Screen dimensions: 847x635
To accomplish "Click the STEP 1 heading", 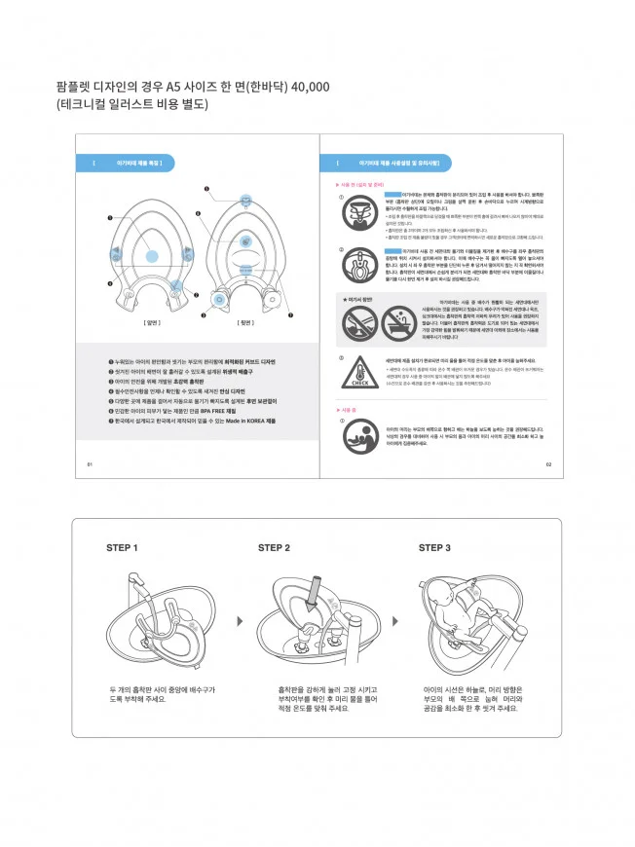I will point(123,548).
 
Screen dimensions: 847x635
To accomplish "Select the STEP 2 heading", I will point(275,548).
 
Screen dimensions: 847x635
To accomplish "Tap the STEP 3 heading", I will point(434,548).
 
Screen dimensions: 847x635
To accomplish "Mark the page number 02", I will point(548,464).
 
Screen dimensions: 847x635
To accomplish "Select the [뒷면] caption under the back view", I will point(244,320).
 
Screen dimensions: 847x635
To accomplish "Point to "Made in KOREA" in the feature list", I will point(243,421).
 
